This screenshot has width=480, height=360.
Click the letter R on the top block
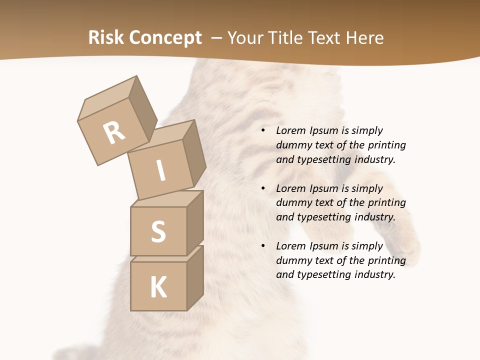pos(114,132)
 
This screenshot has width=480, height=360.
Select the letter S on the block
pos(158,231)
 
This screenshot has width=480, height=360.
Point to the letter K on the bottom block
pos(158,287)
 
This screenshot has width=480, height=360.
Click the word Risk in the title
pos(106,37)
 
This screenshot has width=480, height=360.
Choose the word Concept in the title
pos(165,38)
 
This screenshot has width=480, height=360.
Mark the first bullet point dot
pos(263,131)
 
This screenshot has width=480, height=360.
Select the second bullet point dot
pos(263,188)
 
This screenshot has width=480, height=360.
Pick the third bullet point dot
pos(263,246)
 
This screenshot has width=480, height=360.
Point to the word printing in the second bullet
pos(386,203)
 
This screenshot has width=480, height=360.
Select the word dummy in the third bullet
pos(291,260)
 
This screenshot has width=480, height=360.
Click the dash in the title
pos(217,37)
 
